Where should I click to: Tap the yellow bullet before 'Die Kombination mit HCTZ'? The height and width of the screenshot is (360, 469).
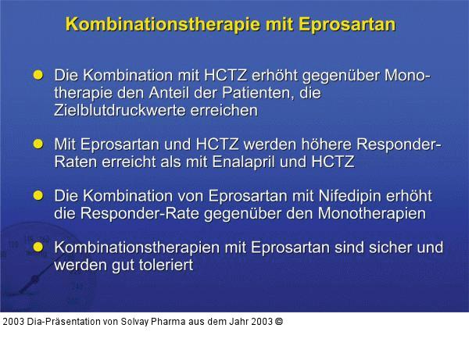click(38, 75)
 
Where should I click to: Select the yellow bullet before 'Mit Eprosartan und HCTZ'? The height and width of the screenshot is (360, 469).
click(38, 144)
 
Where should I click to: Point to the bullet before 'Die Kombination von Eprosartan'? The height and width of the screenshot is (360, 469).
click(38, 195)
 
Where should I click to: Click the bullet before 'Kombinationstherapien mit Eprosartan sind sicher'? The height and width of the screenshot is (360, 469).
click(38, 247)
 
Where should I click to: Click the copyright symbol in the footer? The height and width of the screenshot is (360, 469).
click(279, 321)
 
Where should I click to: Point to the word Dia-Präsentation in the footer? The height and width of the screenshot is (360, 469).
click(59, 321)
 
